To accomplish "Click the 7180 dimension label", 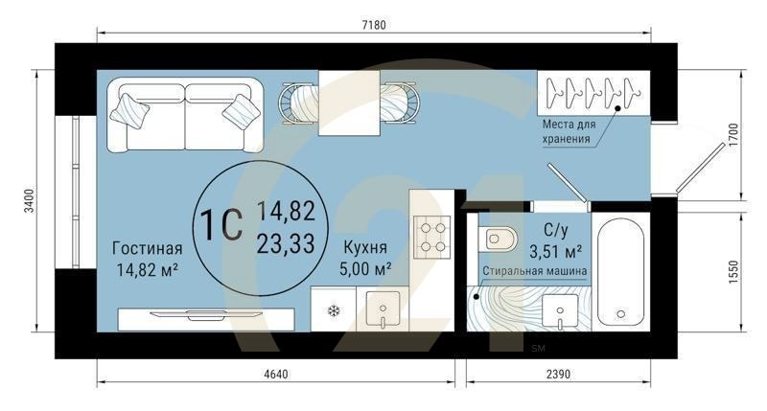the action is (374, 25).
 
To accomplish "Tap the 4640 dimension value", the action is (276, 375).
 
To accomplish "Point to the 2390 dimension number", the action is (558, 375).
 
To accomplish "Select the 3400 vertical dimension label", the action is (30, 200).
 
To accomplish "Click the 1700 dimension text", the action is (732, 134).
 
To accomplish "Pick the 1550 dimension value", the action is (732, 272).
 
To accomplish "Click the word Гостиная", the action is (148, 248).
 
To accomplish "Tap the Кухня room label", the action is (365, 247).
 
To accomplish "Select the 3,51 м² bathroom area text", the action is (556, 251).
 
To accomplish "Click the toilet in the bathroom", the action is (498, 239).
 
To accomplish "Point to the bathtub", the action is (620, 272).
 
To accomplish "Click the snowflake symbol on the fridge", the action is (334, 310).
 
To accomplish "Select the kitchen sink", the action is (383, 309).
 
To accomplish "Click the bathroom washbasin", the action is (560, 311).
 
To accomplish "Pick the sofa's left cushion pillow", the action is (129, 111).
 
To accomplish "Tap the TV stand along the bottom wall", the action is (206, 320).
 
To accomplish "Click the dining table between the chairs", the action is (349, 103).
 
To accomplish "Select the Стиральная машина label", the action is (535, 271).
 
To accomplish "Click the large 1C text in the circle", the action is (221, 225).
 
